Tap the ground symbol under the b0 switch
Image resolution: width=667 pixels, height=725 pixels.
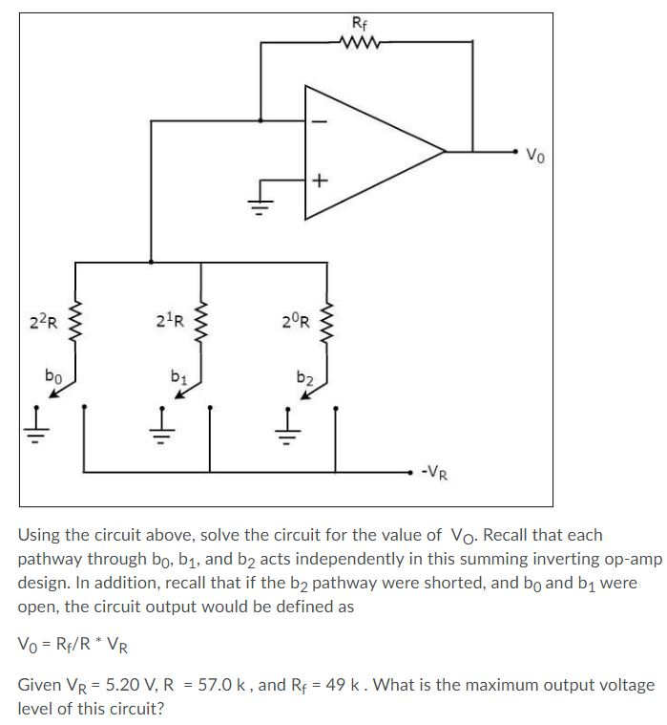[x=37, y=419]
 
